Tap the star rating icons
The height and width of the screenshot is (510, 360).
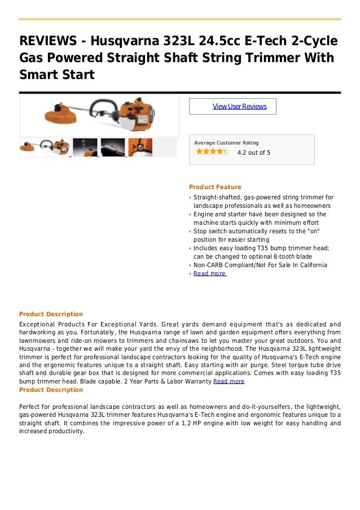pyautogui.click(x=212, y=151)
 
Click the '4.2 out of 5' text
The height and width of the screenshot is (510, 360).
pyautogui.click(x=253, y=152)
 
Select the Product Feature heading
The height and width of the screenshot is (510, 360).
pyautogui.click(x=215, y=187)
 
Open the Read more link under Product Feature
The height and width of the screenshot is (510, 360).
pyautogui.click(x=209, y=273)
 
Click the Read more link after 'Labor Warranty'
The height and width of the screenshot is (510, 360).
pyautogui.click(x=228, y=381)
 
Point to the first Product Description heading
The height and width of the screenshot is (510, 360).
pyautogui.click(x=51, y=314)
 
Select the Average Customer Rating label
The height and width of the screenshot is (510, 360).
pyautogui.click(x=226, y=143)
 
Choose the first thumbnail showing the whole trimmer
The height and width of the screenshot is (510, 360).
pyautogui.click(x=44, y=147)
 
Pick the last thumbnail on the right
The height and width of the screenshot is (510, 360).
pyautogui.click(x=140, y=147)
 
